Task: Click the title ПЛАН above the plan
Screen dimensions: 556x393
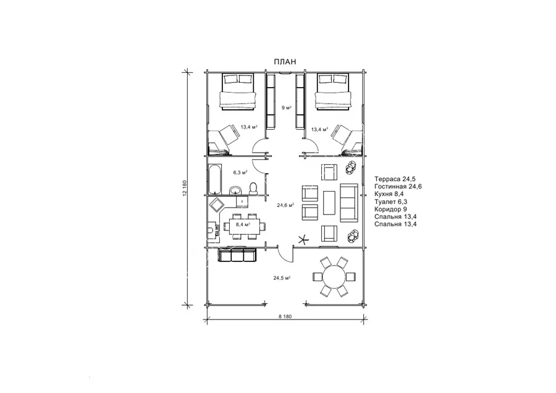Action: coord(285,62)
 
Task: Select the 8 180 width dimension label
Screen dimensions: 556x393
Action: coord(285,316)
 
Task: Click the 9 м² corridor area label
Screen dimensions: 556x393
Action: coord(287,108)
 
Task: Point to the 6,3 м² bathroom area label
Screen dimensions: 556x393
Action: coord(240,172)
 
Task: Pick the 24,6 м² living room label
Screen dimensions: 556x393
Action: coord(285,205)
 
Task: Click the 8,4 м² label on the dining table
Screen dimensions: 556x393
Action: coord(243,224)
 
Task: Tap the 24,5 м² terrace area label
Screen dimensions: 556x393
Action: coord(282,278)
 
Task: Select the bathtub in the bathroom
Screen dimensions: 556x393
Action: coord(214,179)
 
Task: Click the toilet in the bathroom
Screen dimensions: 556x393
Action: coord(253,188)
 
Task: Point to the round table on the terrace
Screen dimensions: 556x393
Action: coord(334,277)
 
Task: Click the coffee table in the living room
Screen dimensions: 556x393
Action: coord(329,203)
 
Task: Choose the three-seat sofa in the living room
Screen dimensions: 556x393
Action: coord(349,203)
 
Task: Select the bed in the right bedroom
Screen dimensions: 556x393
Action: coord(334,91)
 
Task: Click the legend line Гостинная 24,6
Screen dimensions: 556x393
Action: coord(398,186)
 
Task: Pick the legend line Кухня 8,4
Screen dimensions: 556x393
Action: coord(389,194)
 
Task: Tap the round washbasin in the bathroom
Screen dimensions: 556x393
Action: coord(235,190)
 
